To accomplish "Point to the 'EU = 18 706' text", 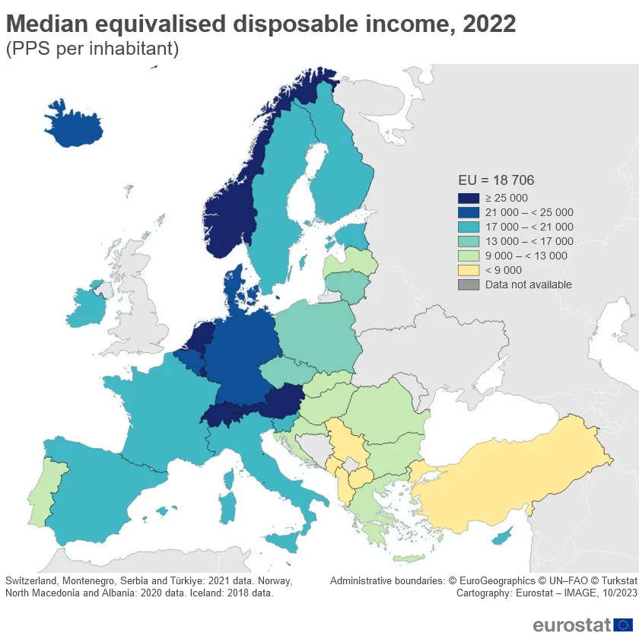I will click(496, 180).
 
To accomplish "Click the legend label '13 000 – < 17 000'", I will click(529, 241).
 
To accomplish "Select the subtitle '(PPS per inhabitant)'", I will click(92, 49).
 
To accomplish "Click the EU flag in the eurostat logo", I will click(622, 625).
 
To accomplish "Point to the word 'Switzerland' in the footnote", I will click(33, 580).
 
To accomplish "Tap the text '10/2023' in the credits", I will click(609, 593).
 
